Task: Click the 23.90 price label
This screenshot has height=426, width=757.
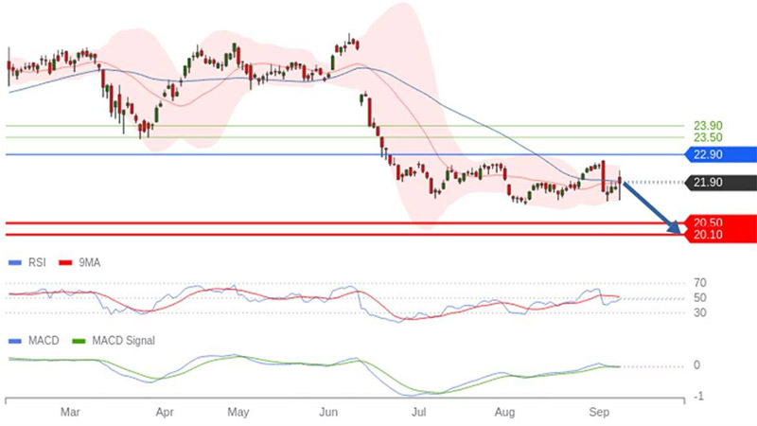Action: pos(708,125)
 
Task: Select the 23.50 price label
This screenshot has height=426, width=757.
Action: pos(708,137)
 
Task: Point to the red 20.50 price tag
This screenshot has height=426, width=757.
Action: pos(710,222)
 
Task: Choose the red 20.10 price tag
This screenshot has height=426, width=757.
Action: pos(710,235)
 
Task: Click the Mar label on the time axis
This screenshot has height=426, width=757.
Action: pos(70,413)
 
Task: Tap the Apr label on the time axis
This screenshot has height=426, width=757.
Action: pos(165,413)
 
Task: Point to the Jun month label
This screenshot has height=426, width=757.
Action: pos(330,413)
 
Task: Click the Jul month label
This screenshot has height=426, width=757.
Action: pos(420,413)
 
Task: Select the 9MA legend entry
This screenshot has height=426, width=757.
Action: pos(79,262)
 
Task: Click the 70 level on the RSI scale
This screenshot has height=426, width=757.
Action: pos(700,283)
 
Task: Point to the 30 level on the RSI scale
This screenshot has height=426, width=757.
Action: pos(700,312)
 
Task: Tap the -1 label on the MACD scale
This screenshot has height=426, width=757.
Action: pos(698,396)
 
